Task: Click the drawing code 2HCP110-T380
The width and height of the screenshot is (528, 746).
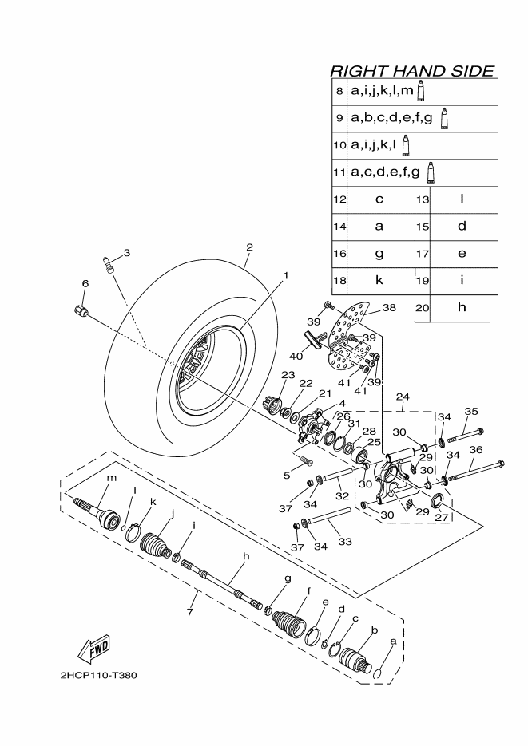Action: point(99,675)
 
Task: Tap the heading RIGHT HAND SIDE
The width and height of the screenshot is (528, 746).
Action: point(412,71)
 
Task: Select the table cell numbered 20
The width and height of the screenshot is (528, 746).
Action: point(422,308)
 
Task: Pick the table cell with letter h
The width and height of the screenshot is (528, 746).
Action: point(462,307)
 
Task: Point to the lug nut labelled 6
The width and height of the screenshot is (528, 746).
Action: point(81,310)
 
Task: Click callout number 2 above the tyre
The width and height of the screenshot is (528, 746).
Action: point(249,247)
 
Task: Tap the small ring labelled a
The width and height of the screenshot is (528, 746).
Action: point(377,674)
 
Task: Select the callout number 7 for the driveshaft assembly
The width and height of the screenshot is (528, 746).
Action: point(190,611)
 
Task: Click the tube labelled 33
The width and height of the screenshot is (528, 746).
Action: point(329,517)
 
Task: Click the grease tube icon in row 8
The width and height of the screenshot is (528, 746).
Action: point(420,91)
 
